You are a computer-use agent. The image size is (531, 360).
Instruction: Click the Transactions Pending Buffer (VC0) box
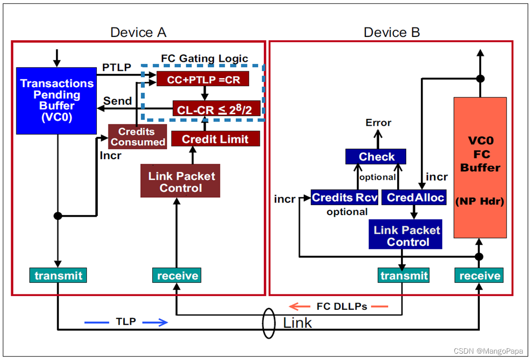pyautogui.click(x=56, y=100)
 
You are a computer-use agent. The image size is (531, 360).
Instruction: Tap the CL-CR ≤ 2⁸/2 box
pyautogui.click(x=217, y=109)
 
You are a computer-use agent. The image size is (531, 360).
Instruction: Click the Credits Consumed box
pyautogui.click(x=138, y=136)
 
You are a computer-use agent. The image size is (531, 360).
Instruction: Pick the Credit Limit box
pyautogui.click(x=215, y=139)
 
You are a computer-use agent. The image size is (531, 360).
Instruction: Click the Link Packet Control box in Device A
pyautogui.click(x=180, y=181)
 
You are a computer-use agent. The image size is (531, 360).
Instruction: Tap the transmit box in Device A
pyautogui.click(x=58, y=275)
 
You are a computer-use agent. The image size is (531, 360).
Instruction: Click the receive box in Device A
pyautogui.click(x=178, y=275)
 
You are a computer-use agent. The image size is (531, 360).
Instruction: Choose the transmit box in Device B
pyautogui.click(x=404, y=275)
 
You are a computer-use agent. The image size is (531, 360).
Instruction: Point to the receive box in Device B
pyautogui.click(x=480, y=275)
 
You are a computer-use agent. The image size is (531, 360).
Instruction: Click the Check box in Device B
pyautogui.click(x=376, y=156)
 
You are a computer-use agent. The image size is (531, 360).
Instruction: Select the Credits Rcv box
pyautogui.click(x=345, y=197)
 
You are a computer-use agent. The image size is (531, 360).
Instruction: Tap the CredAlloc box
pyautogui.click(x=414, y=197)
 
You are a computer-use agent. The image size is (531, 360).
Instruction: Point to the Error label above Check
pyautogui.click(x=378, y=123)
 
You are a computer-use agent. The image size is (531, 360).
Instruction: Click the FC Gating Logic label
pyautogui.click(x=204, y=58)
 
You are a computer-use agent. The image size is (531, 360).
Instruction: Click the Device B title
pyautogui.click(x=391, y=32)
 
